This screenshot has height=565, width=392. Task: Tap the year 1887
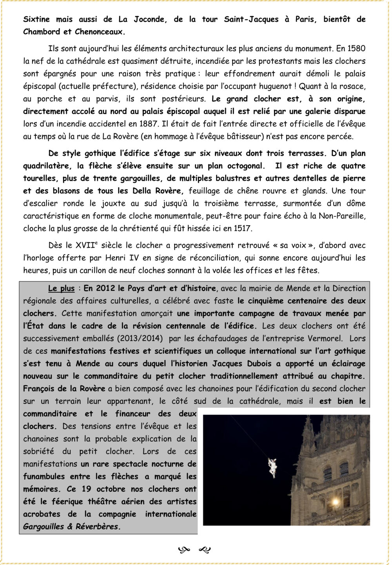pos(149,124)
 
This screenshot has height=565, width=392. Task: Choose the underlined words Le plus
pos(61,288)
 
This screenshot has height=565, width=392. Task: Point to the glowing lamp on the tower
pos(335,502)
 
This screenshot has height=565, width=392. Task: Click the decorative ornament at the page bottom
pos(194,550)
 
